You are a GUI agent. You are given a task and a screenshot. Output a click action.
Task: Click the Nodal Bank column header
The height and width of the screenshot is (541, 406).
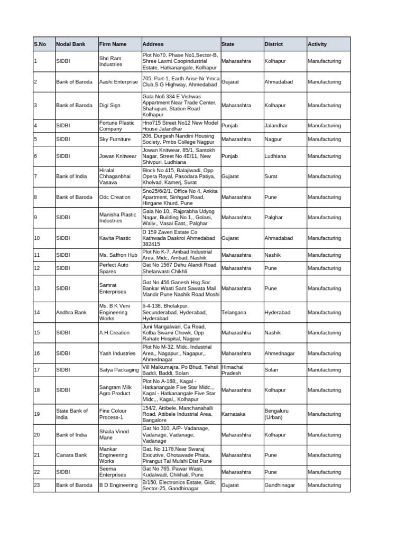click(68, 44)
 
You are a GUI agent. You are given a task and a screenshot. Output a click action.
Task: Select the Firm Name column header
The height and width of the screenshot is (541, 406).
click(113, 44)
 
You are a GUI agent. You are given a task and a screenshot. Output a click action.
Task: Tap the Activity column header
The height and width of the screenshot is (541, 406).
click(317, 44)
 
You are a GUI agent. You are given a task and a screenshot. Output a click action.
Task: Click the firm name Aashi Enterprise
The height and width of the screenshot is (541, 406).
click(118, 82)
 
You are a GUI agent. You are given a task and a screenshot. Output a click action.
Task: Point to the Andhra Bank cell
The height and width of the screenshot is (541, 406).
click(71, 312)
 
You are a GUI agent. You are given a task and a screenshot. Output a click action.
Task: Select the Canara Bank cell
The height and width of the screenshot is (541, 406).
click(71, 455)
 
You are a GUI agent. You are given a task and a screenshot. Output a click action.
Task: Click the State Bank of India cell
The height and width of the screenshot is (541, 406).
click(72, 414)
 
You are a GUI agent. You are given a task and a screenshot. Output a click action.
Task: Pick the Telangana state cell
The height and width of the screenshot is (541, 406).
click(234, 312)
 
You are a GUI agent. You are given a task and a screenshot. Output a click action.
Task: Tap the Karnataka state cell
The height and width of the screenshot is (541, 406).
click(233, 414)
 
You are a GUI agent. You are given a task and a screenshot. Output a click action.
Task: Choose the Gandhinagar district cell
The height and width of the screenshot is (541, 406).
click(280, 485)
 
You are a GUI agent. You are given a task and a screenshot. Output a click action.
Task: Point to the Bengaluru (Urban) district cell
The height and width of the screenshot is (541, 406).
click(278, 414)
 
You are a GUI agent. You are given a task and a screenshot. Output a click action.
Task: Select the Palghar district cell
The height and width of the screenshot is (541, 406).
click(274, 217)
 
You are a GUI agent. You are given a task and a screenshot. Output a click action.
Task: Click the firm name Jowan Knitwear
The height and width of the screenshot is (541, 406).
click(118, 156)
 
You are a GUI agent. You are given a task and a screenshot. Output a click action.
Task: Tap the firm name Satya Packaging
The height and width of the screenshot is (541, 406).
click(119, 370)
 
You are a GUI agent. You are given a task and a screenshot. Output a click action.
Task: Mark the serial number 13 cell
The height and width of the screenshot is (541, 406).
click(37, 288)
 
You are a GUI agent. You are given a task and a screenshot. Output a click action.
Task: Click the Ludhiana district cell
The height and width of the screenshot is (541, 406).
click(276, 156)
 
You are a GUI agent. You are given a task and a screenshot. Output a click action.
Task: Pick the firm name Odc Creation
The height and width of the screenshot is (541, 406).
click(115, 197)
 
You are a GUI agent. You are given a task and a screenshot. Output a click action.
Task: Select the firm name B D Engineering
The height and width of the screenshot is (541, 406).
click(118, 485)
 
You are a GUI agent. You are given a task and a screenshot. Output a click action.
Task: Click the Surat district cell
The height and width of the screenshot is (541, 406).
click(271, 176)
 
